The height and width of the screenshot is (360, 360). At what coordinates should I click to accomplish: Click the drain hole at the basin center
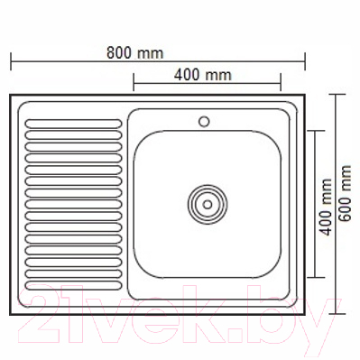tap(208, 204)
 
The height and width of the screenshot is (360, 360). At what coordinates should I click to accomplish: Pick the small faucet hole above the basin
tap(204, 120)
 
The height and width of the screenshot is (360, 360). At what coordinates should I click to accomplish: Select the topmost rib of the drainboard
tap(73, 122)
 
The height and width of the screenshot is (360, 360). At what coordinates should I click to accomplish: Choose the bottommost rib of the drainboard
tap(73, 286)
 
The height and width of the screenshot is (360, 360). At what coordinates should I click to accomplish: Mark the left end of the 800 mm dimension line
tap(10, 61)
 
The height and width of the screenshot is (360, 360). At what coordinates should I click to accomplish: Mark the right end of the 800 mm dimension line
tap(305, 61)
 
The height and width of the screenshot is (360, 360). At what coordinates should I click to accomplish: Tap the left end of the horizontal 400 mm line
tap(134, 86)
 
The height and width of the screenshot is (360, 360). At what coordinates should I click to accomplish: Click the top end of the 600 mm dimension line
tap(337, 94)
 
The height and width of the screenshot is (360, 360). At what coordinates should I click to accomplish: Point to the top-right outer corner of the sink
tap(305, 95)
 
